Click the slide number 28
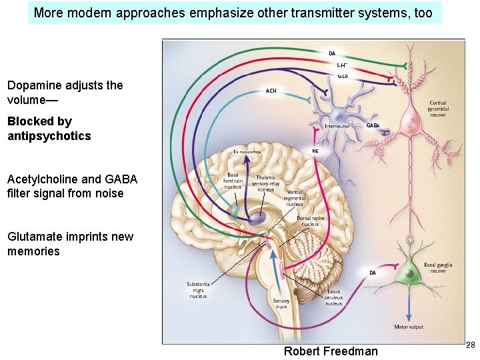pyautogui.click(x=470, y=345)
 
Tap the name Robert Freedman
pyautogui.click(x=331, y=351)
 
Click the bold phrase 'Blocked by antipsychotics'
pyautogui.click(x=49, y=129)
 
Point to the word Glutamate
pyautogui.click(x=33, y=237)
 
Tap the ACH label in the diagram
pyautogui.click(x=271, y=91)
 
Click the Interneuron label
pyautogui.click(x=337, y=125)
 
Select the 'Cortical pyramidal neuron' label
pyautogui.click(x=438, y=108)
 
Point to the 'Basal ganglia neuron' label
pyautogui.click(x=438, y=268)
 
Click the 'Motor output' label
pyautogui.click(x=408, y=327)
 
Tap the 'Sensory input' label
pyautogui.click(x=281, y=304)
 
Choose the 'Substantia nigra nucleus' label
pyautogui.click(x=198, y=290)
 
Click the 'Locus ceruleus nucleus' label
pyautogui.click(x=333, y=297)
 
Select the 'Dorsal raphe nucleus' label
pyautogui.click(x=311, y=221)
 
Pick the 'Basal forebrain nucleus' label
pyautogui.click(x=233, y=180)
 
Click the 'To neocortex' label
pyautogui.click(x=246, y=152)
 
